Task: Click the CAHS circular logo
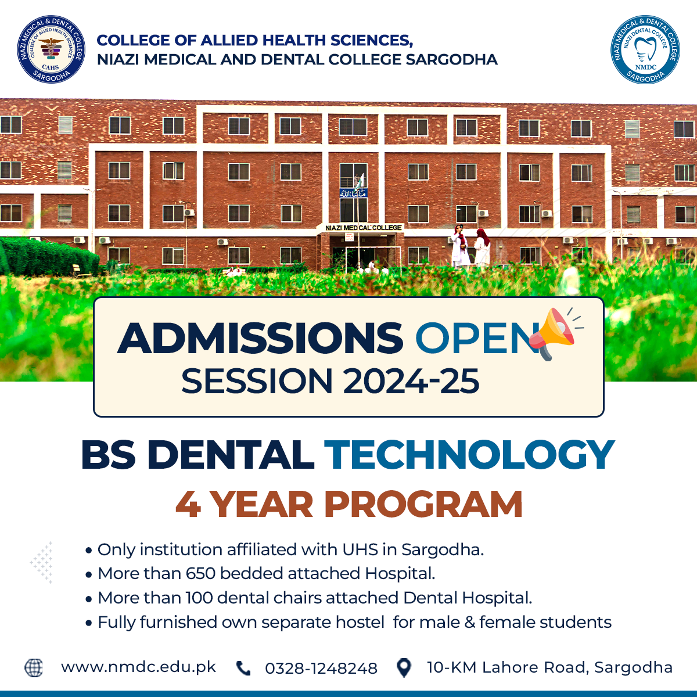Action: click(x=51, y=49)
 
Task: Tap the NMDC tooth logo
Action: click(x=645, y=49)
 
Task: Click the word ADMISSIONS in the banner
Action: click(x=260, y=338)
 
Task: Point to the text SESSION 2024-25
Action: click(x=330, y=381)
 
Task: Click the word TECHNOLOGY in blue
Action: click(x=469, y=455)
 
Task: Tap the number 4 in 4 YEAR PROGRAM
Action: click(x=188, y=504)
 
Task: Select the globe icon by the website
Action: click(x=34, y=667)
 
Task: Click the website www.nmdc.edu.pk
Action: click(x=139, y=667)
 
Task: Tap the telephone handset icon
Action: click(x=243, y=668)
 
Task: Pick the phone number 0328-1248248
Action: click(x=321, y=669)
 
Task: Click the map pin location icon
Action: click(x=404, y=668)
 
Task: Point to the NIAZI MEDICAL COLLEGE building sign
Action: click(x=363, y=228)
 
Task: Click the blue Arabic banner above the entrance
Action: click(x=353, y=193)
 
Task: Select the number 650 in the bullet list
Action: click(x=201, y=573)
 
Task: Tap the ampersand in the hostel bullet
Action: click(x=469, y=623)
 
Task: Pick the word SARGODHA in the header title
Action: click(x=451, y=60)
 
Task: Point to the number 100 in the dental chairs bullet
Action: click(x=199, y=598)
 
